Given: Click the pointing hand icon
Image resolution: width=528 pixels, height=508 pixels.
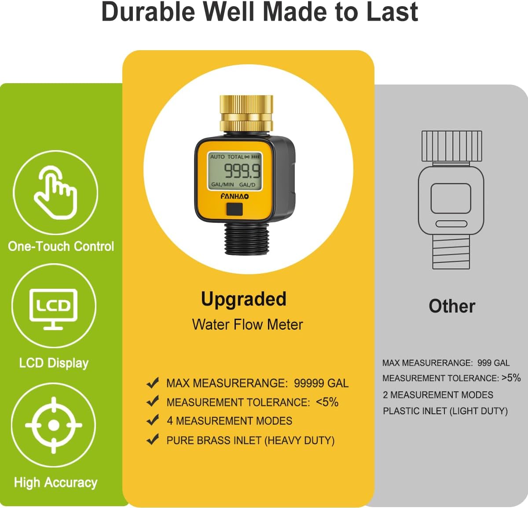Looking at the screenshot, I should (x=55, y=192).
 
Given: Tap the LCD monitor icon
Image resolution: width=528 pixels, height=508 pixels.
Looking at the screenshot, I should (x=53, y=308).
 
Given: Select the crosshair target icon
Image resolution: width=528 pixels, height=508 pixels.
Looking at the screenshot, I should (x=54, y=425).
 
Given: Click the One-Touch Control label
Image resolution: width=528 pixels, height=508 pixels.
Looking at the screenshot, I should (x=61, y=246).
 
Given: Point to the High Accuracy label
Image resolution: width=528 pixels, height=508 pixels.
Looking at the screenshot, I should (x=55, y=482).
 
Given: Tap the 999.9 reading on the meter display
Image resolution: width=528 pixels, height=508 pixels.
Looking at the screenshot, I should (x=242, y=171).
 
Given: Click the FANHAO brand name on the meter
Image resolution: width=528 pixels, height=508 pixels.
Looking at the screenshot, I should (x=235, y=196).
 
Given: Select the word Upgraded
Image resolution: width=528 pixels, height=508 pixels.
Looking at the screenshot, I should (x=243, y=299).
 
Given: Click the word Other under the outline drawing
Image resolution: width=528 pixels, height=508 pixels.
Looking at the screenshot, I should (x=452, y=306).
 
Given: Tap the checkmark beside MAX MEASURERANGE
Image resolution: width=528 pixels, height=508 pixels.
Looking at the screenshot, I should (x=152, y=383).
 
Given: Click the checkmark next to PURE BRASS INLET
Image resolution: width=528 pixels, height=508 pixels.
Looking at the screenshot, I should (x=152, y=439).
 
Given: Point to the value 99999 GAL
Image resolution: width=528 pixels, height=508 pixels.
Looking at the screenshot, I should (x=321, y=383).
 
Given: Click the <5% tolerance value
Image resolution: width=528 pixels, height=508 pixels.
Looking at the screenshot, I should (x=327, y=402).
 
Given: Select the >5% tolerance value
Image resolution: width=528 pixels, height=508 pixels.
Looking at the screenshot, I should (x=511, y=378).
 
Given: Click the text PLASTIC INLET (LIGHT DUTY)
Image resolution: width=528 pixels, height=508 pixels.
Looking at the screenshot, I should (x=445, y=411).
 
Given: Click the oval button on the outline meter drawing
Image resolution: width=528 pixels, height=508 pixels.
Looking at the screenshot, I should (x=451, y=224).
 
